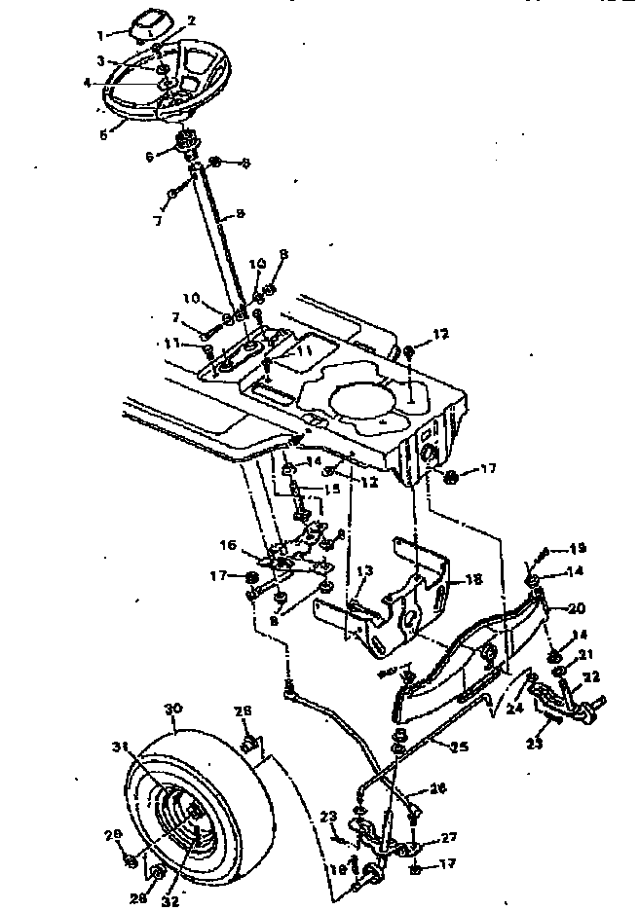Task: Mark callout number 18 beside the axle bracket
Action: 474,579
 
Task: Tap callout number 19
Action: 578,548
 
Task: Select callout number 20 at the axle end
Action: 577,607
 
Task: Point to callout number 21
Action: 583,655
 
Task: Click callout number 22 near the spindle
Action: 593,676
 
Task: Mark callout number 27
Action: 449,838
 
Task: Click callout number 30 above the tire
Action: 174,710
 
